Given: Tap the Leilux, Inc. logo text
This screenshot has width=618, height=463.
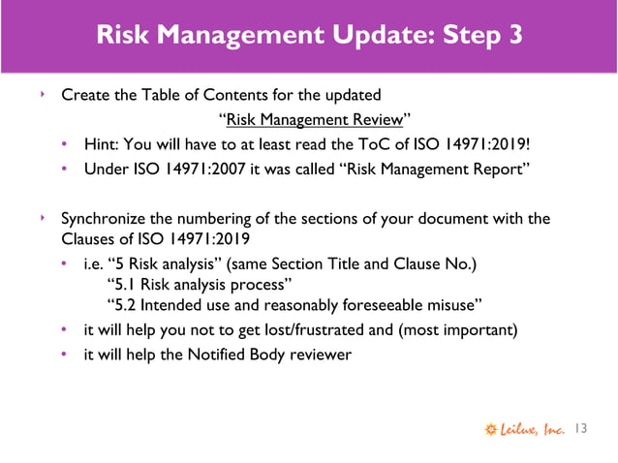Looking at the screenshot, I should (528, 428).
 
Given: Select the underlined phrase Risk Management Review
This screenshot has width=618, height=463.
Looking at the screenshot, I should (315, 120).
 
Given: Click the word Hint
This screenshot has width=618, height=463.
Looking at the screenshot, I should (102, 145).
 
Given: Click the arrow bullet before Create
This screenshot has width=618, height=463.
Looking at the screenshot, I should (41, 95).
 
